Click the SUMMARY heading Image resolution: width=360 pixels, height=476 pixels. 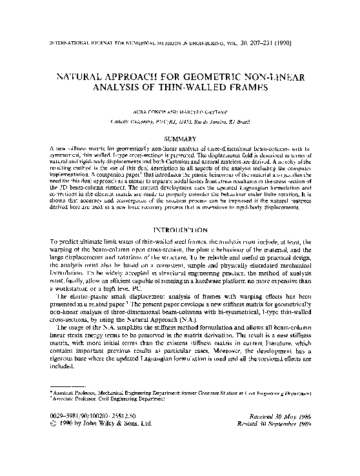coord(180,138)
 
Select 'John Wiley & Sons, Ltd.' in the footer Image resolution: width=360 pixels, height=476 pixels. coord(115,443)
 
